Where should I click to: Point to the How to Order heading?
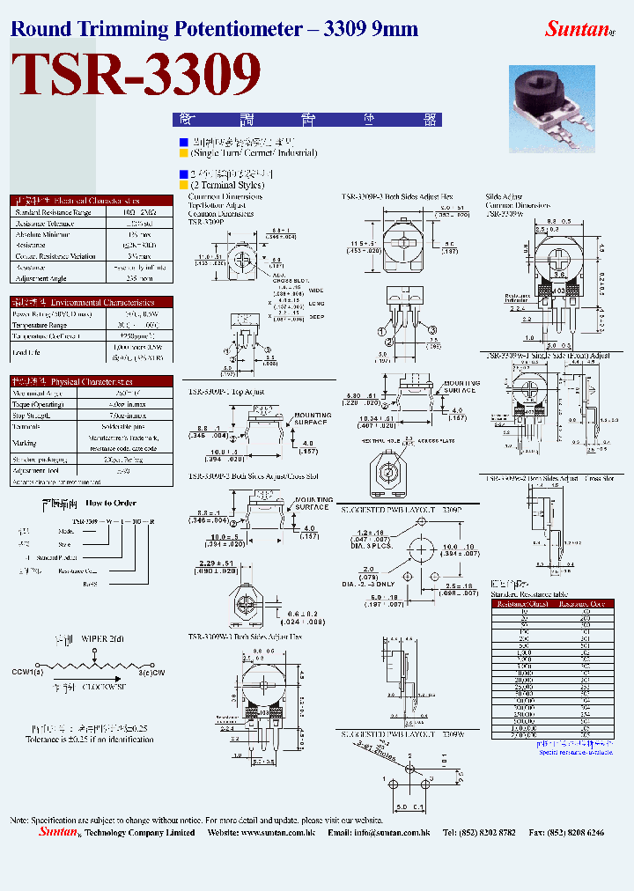click(111, 503)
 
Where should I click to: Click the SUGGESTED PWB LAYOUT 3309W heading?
click(401, 733)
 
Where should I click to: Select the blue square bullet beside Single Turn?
click(183, 142)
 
